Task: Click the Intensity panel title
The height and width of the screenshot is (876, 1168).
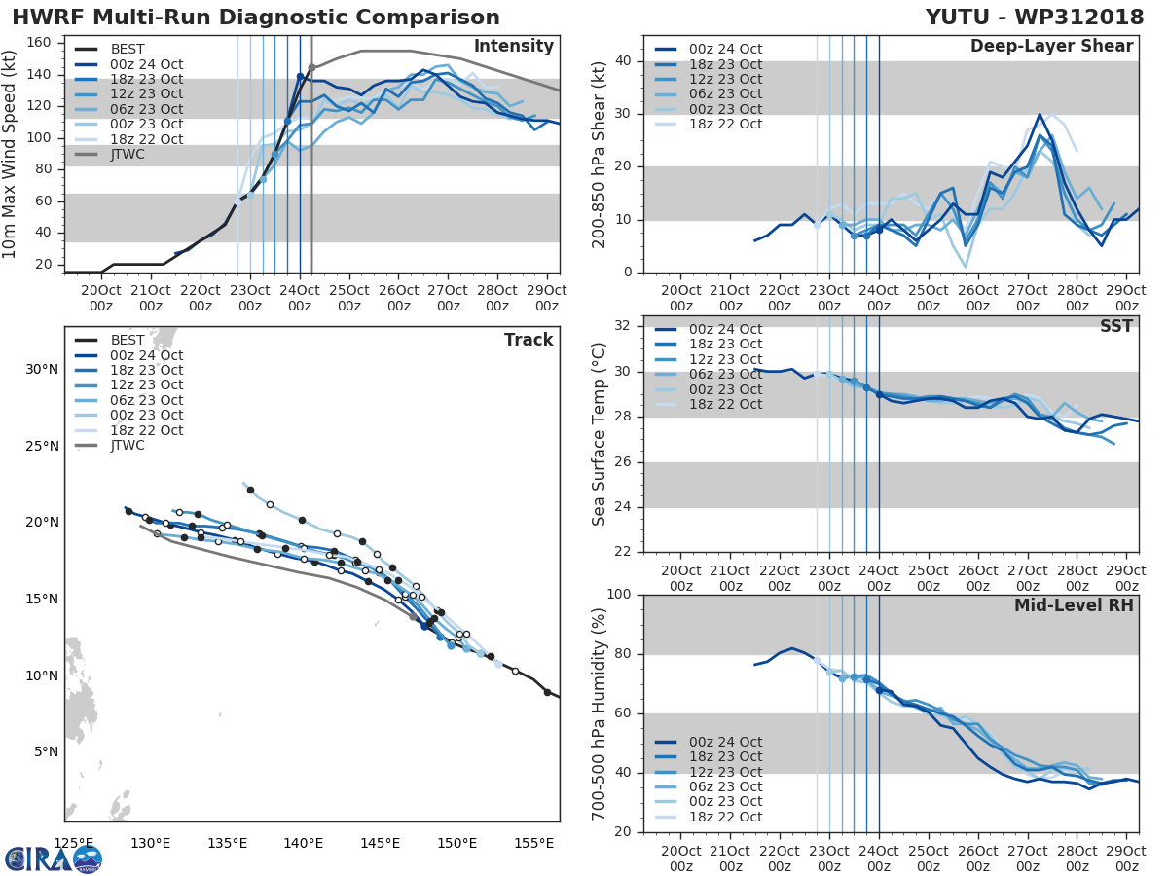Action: (513, 47)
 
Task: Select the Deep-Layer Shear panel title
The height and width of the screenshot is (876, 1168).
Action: (1051, 47)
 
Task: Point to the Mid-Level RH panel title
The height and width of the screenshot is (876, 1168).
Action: (1074, 605)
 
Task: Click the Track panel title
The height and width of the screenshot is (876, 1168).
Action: (528, 340)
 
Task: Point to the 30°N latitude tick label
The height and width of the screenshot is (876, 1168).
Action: (42, 369)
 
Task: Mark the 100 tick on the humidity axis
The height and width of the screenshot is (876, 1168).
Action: (620, 595)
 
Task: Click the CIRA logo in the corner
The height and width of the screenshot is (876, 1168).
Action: (53, 858)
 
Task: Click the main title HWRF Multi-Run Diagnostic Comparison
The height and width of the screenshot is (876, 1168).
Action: (256, 18)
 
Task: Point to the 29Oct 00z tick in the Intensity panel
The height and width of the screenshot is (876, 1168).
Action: (547, 297)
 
